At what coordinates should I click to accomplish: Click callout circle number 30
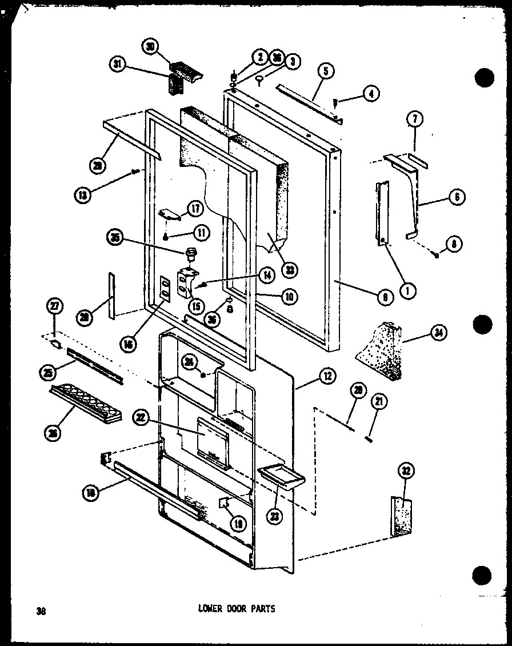coord(151,47)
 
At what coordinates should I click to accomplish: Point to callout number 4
coord(372,94)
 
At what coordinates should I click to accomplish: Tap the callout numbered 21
coord(378,402)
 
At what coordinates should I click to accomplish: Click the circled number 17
coord(195,210)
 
